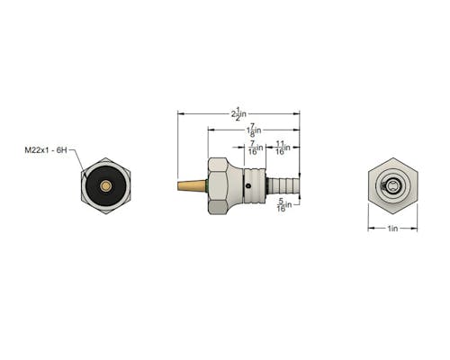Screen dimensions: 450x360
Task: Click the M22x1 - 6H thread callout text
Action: (46, 150)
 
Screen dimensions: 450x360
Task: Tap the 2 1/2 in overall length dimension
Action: (238, 114)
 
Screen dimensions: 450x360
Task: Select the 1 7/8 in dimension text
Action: (254, 130)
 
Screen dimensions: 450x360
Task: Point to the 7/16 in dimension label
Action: (256, 148)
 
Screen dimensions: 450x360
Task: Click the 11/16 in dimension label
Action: (283, 148)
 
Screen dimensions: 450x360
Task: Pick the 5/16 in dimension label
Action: (284, 205)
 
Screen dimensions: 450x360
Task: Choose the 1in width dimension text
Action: (392, 229)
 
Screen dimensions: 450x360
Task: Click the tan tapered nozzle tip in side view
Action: (192, 185)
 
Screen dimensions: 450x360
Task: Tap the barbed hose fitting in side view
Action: (283, 185)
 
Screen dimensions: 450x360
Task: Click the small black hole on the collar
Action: (247, 186)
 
